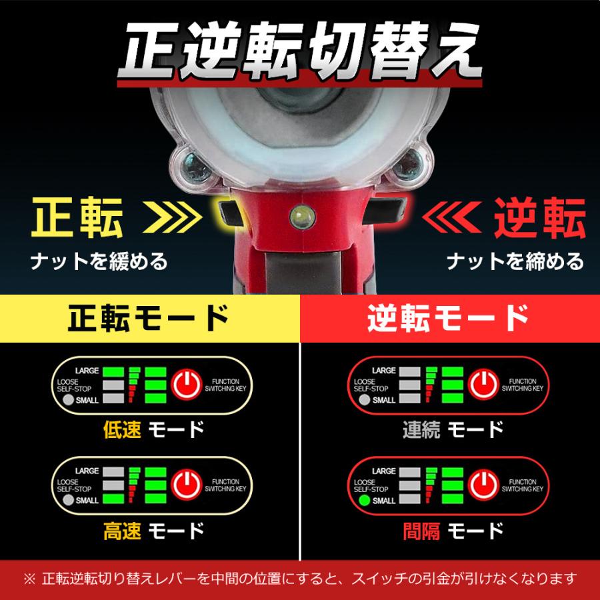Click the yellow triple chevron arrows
173,217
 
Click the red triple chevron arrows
451,217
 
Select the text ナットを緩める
98,261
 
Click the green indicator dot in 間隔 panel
363,500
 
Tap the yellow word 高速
123,531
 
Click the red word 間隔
422,531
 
